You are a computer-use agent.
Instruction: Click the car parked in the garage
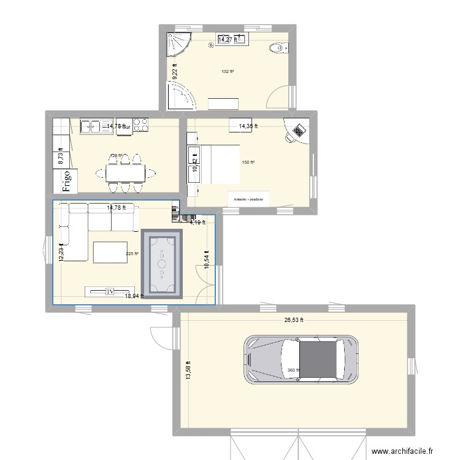301,359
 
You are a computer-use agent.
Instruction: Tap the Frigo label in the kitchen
63,182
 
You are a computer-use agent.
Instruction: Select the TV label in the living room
110,292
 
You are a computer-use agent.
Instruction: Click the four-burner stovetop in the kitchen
140,125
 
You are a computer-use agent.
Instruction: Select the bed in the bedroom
215,164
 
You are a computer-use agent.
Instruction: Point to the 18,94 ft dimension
134,296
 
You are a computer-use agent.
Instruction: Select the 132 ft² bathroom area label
228,72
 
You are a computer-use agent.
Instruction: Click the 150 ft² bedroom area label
248,163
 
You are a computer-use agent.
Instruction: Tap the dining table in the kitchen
126,174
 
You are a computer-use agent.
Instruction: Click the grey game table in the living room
162,264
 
